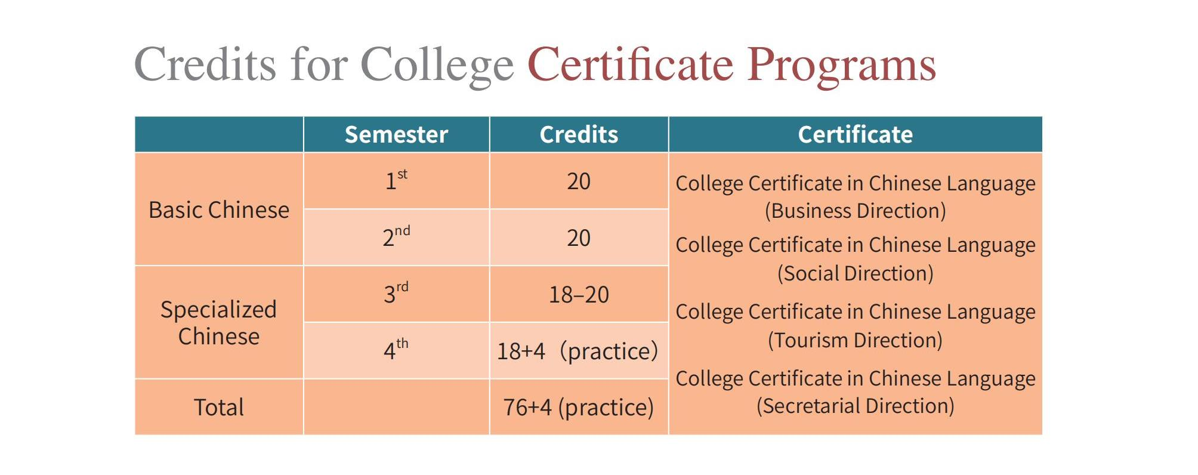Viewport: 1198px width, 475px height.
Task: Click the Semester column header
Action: [396, 134]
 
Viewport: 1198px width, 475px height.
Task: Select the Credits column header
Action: [579, 134]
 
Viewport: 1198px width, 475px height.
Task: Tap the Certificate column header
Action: [855, 134]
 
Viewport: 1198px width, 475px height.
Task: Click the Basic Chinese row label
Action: [219, 210]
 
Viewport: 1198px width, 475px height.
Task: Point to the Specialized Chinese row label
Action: [219, 323]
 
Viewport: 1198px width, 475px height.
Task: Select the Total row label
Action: [219, 407]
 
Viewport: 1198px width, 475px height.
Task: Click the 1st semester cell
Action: [396, 180]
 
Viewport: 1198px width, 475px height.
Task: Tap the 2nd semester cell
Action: [396, 236]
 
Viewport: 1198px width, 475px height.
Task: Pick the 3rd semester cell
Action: [396, 293]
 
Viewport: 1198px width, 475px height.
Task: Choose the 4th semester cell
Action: [396, 350]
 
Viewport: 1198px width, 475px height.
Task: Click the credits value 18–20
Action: [579, 295]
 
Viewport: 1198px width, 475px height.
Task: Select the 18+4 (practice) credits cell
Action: [578, 351]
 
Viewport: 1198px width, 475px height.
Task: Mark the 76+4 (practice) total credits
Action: [579, 408]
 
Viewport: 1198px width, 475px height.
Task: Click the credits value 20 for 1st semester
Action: [579, 181]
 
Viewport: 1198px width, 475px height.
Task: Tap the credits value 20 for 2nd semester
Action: [579, 238]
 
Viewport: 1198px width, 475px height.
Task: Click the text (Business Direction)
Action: [856, 211]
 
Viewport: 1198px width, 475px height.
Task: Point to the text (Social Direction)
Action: [856, 274]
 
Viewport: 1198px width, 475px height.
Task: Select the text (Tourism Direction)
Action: [856, 341]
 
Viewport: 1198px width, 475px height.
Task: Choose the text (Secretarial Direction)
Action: [856, 406]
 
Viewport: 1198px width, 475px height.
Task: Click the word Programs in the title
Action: [841, 66]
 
